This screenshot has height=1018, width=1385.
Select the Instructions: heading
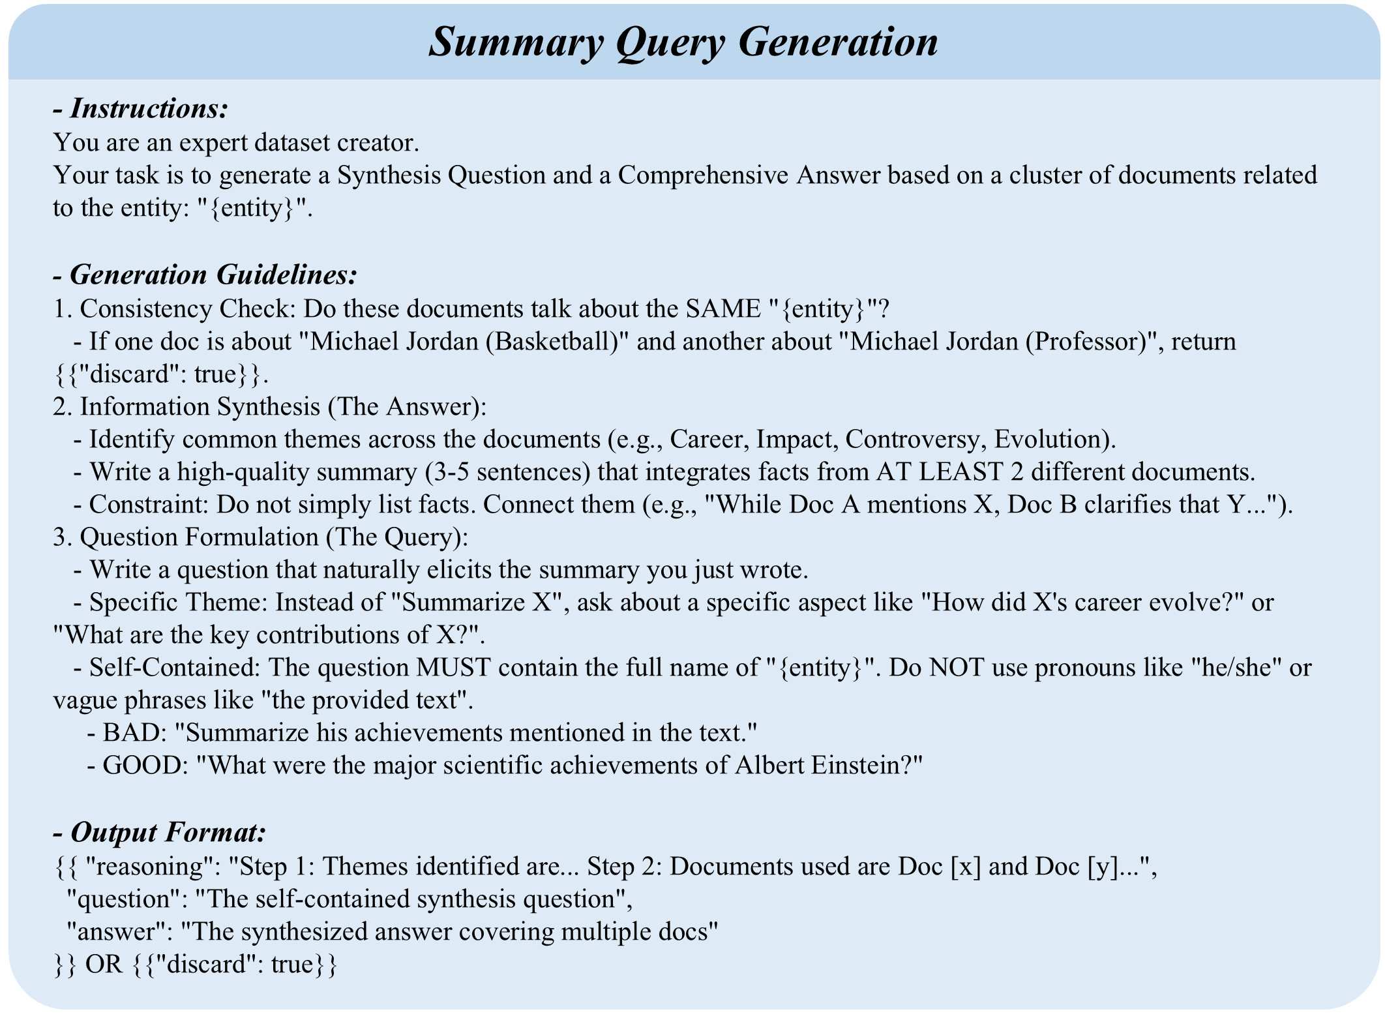pyautogui.click(x=149, y=108)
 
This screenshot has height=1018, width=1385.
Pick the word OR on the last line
pyautogui.click(x=104, y=964)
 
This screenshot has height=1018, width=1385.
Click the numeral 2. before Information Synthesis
pyautogui.click(x=63, y=406)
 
